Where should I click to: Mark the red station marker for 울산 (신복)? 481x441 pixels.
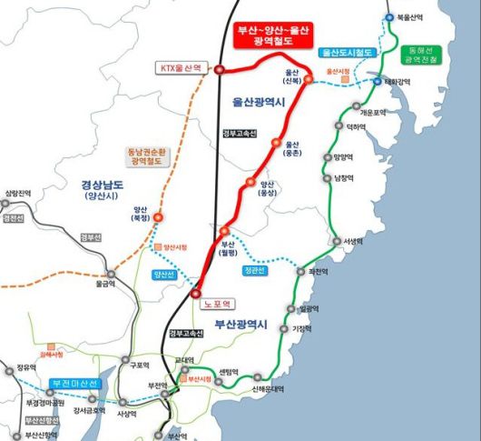[308, 79]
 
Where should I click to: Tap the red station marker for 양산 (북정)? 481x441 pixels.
[159, 217]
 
